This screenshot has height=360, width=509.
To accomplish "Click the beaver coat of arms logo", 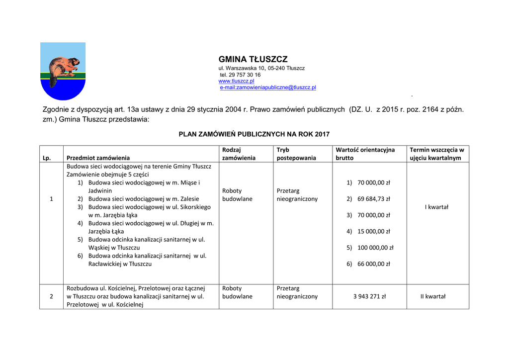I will click(x=63, y=71).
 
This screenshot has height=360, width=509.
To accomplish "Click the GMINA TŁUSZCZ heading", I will click(x=253, y=59).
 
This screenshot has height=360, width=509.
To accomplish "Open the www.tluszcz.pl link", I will click(x=236, y=81).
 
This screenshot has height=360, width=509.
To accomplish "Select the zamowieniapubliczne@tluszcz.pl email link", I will click(x=268, y=87).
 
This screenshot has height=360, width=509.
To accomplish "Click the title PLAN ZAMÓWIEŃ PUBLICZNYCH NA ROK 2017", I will click(x=254, y=134).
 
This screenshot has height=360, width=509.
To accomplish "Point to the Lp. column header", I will click(x=47, y=158).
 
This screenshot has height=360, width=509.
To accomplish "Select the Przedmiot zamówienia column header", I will click(x=98, y=158).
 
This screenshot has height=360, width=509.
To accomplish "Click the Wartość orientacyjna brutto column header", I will click(x=365, y=154).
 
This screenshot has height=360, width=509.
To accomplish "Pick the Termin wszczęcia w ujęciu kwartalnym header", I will click(x=437, y=154).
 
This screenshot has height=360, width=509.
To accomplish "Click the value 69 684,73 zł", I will click(x=373, y=199).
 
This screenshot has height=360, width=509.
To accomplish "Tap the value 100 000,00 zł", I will click(x=375, y=248).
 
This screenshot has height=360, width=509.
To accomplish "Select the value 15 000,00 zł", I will click(x=373, y=231).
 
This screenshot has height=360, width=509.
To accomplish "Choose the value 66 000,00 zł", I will click(x=373, y=264).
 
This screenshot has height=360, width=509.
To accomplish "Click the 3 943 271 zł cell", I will click(x=369, y=296).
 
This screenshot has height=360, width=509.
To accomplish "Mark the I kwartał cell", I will click(x=437, y=207).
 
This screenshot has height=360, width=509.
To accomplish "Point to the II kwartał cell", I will click(x=433, y=296).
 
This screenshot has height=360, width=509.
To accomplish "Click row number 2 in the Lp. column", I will click(x=51, y=296).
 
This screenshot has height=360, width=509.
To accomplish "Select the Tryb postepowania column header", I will click(x=296, y=154).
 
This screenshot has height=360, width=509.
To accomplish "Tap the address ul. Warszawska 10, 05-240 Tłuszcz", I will click(x=261, y=68).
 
